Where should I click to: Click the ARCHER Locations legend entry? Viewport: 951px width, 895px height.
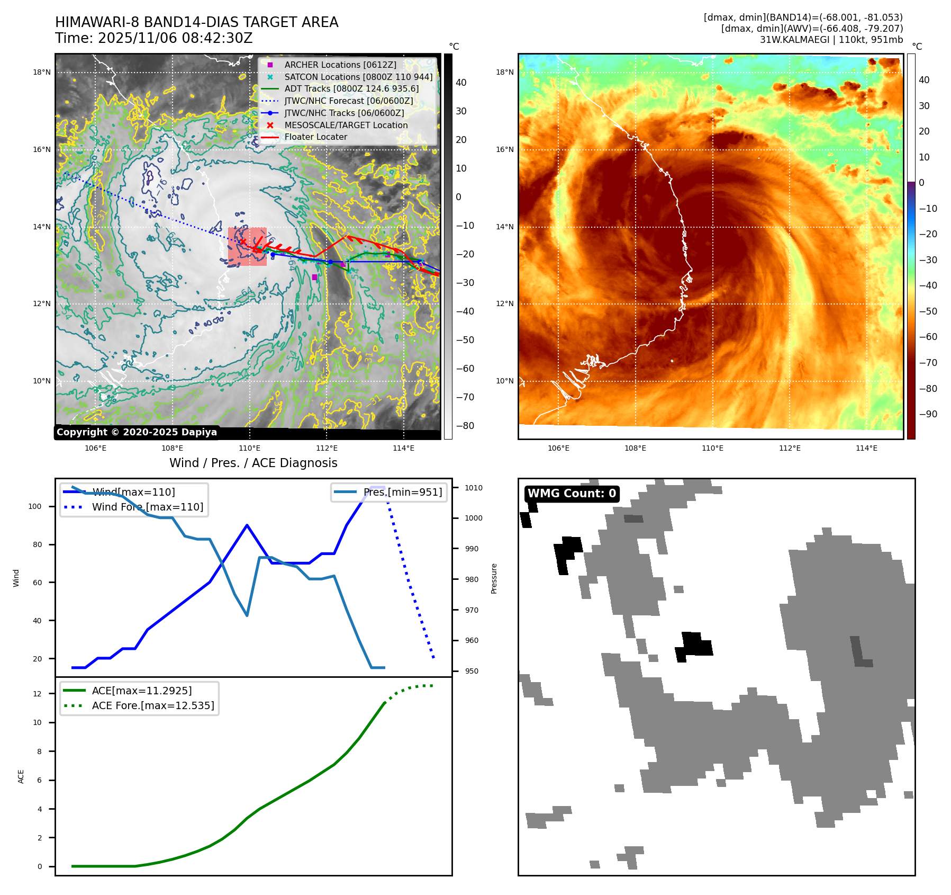click(x=340, y=65)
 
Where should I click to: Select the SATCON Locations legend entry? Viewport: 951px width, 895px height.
click(x=358, y=77)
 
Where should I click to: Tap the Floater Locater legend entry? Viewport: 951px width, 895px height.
click(x=315, y=137)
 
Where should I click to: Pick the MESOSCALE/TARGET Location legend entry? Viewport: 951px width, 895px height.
click(x=346, y=125)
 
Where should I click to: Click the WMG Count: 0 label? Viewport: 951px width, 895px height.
click(x=572, y=494)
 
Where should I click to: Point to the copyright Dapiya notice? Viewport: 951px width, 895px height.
click(x=137, y=432)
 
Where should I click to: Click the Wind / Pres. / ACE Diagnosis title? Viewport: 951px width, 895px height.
click(x=253, y=463)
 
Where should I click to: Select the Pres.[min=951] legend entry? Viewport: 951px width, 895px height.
click(x=402, y=492)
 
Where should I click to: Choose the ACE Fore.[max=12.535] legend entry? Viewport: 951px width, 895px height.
click(x=152, y=705)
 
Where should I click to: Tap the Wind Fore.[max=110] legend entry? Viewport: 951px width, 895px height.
click(x=147, y=507)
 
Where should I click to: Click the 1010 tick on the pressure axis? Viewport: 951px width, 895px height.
click(x=474, y=488)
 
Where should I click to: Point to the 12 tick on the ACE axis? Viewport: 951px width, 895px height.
click(x=37, y=694)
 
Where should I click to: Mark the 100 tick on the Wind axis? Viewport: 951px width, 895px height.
click(x=34, y=506)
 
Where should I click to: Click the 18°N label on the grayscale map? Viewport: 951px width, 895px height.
click(x=42, y=72)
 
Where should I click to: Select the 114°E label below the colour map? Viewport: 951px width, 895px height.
click(x=866, y=448)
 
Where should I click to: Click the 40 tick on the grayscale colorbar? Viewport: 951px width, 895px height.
click(x=461, y=83)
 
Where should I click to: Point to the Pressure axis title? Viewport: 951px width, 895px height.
click(x=494, y=578)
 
